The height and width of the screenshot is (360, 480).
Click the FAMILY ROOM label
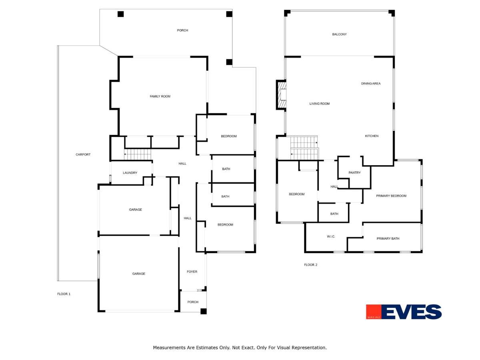[x=160, y=96]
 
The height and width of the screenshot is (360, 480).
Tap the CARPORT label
[x=83, y=154]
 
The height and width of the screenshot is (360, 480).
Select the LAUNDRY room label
[x=130, y=173]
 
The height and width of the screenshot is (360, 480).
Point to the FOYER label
[x=192, y=272]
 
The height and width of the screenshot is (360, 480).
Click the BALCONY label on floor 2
[x=339, y=34]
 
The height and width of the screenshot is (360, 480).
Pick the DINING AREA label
[x=371, y=84]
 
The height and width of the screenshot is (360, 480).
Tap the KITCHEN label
[x=372, y=136]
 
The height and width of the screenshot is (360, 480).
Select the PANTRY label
[x=354, y=173]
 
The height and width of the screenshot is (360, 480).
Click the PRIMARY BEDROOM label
[x=391, y=196]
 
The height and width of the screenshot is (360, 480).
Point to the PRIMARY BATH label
[x=388, y=239]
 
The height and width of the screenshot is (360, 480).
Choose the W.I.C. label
[x=331, y=237]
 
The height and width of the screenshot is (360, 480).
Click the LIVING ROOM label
[x=320, y=104]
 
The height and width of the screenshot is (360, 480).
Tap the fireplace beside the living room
[x=282, y=95]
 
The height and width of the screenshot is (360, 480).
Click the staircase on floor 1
[x=137, y=154]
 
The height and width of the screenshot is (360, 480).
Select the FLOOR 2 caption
[x=310, y=265]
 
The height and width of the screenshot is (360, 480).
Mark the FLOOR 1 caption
[x=64, y=294]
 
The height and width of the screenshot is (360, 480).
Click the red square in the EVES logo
[x=373, y=312]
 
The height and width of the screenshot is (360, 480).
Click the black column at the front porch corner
[x=204, y=311]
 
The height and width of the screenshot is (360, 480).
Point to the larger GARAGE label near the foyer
[x=139, y=274]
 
